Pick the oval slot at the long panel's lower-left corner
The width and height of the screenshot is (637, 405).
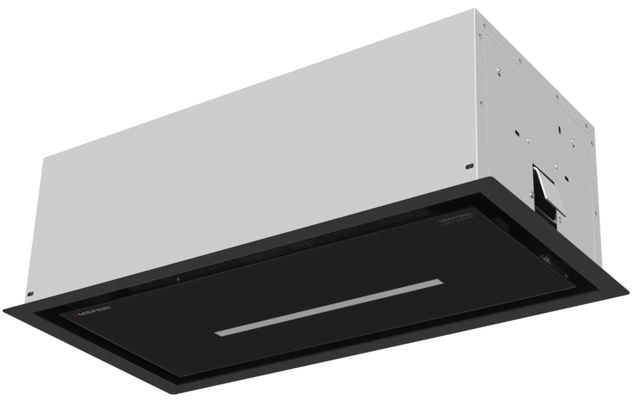tap(30, 294)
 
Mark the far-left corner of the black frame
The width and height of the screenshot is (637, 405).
tap(4, 309)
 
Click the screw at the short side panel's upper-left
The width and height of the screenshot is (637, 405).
tap(484, 26)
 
